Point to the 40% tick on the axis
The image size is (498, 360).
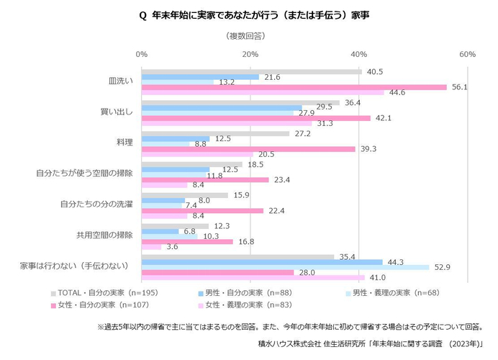pos(358,55)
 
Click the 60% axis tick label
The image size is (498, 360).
pos(467,55)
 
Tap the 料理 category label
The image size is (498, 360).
pos(123,142)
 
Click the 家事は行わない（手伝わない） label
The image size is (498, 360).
pos(74,266)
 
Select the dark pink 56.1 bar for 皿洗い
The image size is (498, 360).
pos(294,86)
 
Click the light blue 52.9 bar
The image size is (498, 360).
pos(285,267)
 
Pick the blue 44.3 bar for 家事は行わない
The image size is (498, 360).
pos(262,261)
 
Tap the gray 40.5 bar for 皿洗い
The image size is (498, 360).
pos(251,71)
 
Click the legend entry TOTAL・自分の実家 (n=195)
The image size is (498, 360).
pos(108,293)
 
